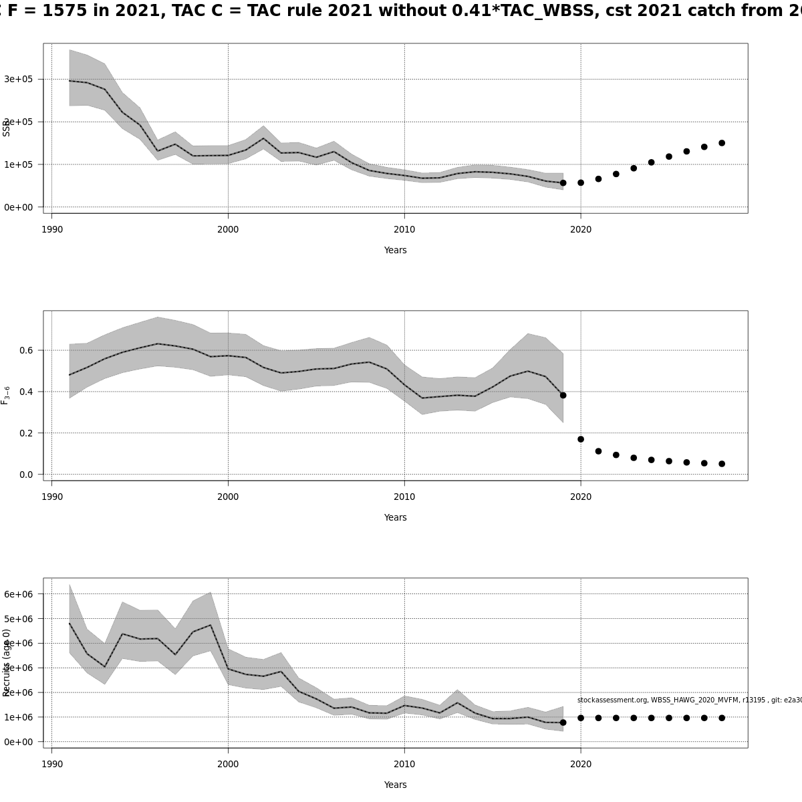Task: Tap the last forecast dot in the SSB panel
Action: click(722, 143)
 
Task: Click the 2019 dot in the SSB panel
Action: click(563, 182)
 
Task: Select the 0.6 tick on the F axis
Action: click(26, 350)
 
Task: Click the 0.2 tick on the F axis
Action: click(26, 433)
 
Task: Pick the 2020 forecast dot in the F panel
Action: click(581, 439)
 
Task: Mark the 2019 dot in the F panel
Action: click(563, 395)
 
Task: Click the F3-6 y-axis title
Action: click(5, 395)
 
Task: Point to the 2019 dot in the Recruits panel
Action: click(563, 722)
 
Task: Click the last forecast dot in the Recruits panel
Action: click(722, 718)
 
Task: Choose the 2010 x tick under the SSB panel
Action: click(404, 229)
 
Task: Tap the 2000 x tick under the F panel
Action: click(228, 497)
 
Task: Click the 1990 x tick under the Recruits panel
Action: click(51, 764)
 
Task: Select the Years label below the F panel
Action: click(395, 517)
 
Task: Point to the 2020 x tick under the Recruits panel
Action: click(581, 764)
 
